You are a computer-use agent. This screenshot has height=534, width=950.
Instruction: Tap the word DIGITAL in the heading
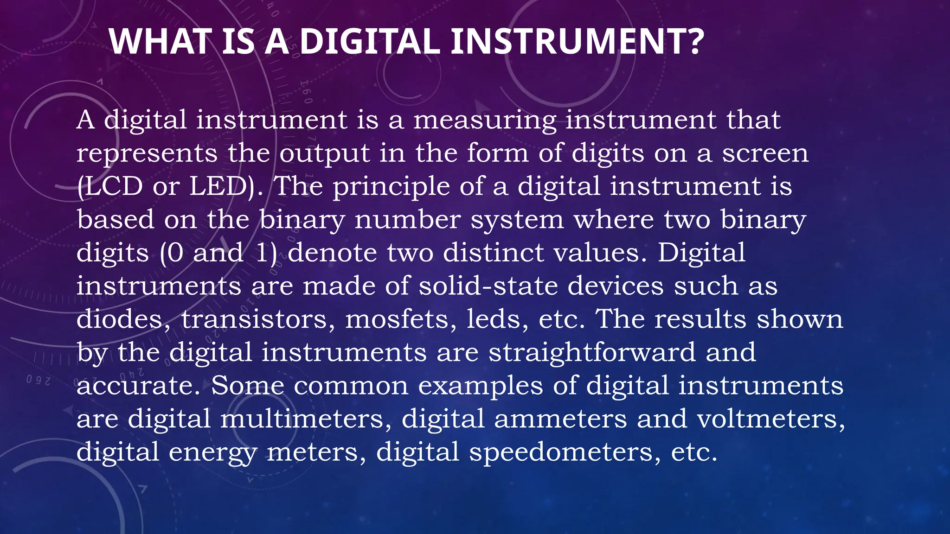tap(369, 42)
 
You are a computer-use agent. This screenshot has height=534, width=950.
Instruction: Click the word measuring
tap(484, 121)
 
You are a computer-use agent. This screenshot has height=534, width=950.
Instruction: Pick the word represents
tap(147, 154)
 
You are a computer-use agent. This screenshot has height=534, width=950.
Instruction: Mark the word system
tap(517, 220)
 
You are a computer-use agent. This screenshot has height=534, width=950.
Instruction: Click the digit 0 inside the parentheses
tap(175, 253)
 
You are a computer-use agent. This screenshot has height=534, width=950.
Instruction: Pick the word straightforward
tap(592, 352)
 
